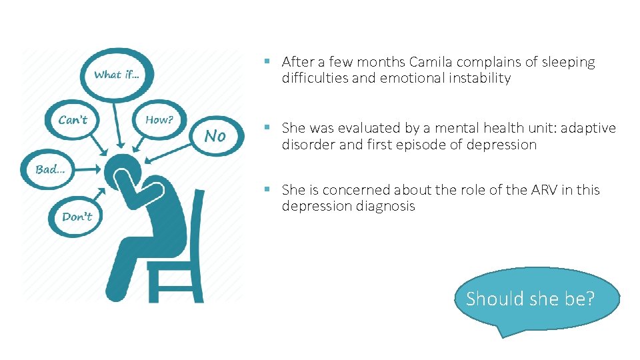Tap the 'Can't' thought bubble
tap(73, 120)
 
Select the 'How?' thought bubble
tap(159, 120)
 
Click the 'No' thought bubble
tap(215, 136)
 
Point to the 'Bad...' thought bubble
tap(50, 169)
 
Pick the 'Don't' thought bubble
tap(77, 216)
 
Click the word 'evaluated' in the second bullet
tap(357, 128)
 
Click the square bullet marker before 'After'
tap(267, 61)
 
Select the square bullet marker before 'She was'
tap(267, 127)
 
